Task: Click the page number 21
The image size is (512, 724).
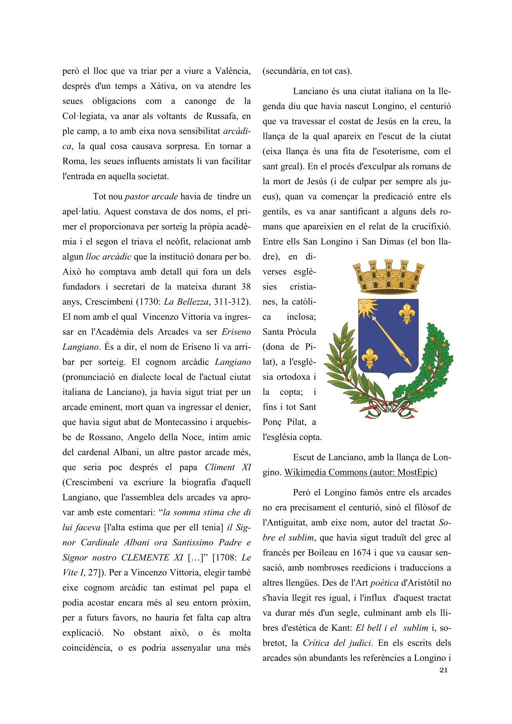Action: click(x=443, y=670)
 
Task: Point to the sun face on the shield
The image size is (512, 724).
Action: click(x=365, y=306)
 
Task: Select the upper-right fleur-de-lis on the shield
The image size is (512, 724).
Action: click(x=407, y=313)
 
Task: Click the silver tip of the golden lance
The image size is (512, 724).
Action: click(x=375, y=319)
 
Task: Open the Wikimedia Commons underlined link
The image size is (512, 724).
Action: click(x=360, y=472)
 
